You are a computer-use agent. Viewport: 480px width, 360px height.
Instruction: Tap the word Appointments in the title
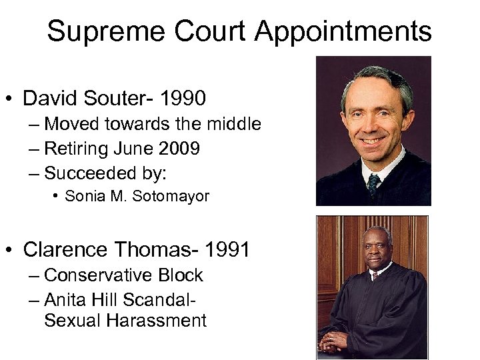point(343,31)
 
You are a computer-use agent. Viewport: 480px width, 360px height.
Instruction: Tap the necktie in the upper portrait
point(374,183)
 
